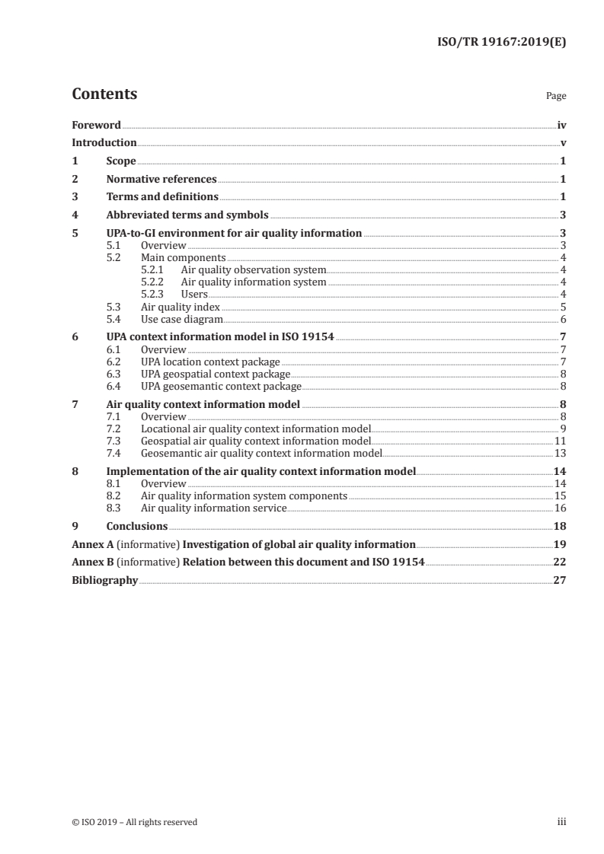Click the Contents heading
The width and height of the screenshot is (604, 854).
click(x=104, y=94)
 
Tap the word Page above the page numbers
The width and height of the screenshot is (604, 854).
click(x=556, y=97)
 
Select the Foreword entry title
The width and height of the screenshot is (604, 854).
click(x=96, y=125)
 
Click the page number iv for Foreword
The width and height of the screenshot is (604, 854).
click(x=561, y=125)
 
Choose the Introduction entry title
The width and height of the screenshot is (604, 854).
click(x=104, y=143)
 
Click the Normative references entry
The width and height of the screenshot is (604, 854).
click(x=161, y=180)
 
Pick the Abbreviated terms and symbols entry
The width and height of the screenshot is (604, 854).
click(x=187, y=215)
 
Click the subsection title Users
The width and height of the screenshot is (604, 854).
click(x=194, y=294)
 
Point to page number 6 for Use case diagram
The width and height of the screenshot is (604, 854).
click(x=563, y=319)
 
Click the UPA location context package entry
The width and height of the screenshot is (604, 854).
click(x=210, y=362)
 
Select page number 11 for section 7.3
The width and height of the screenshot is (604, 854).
click(x=560, y=441)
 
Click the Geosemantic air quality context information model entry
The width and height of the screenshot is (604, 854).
click(x=261, y=453)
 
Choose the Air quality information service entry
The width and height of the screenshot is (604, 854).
click(x=214, y=508)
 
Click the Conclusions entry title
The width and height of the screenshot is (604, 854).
click(x=137, y=526)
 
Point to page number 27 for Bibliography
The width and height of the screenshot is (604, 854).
click(x=560, y=581)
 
